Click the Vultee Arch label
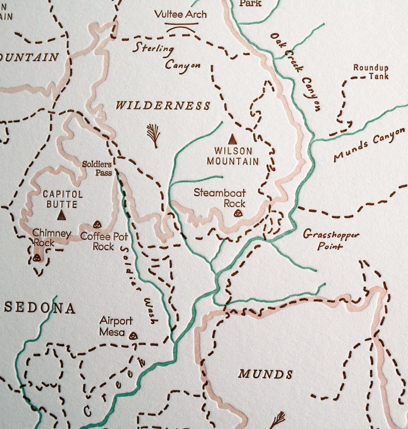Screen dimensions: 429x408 coord(180,14)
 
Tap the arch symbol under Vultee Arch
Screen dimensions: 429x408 coord(181,27)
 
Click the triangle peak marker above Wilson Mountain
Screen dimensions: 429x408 coord(232,139)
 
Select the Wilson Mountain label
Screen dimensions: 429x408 coord(233,156)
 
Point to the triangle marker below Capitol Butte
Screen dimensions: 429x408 coord(62,215)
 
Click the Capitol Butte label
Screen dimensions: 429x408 coord(62,199)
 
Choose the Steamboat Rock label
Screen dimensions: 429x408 coord(220,198)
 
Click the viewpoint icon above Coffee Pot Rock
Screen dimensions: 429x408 coord(97,224)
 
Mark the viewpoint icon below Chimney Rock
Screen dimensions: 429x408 coord(36,258)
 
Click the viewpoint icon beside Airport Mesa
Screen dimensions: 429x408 coord(133,336)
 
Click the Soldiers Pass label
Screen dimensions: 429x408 coord(97,168)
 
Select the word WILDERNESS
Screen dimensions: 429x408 coord(163,106)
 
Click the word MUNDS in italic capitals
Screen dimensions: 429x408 coord(265,374)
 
